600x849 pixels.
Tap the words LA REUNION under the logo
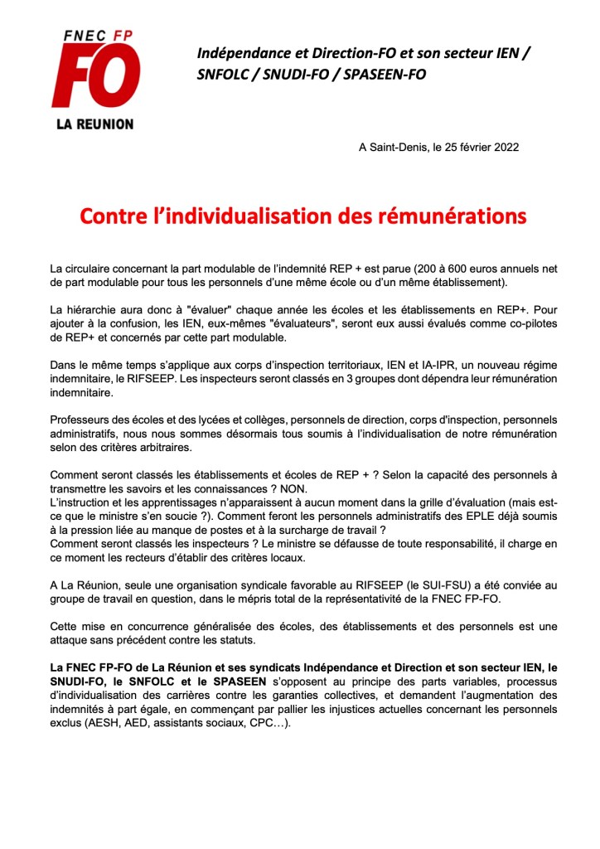94,124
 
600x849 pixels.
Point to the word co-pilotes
528,324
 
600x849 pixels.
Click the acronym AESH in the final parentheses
145,720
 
